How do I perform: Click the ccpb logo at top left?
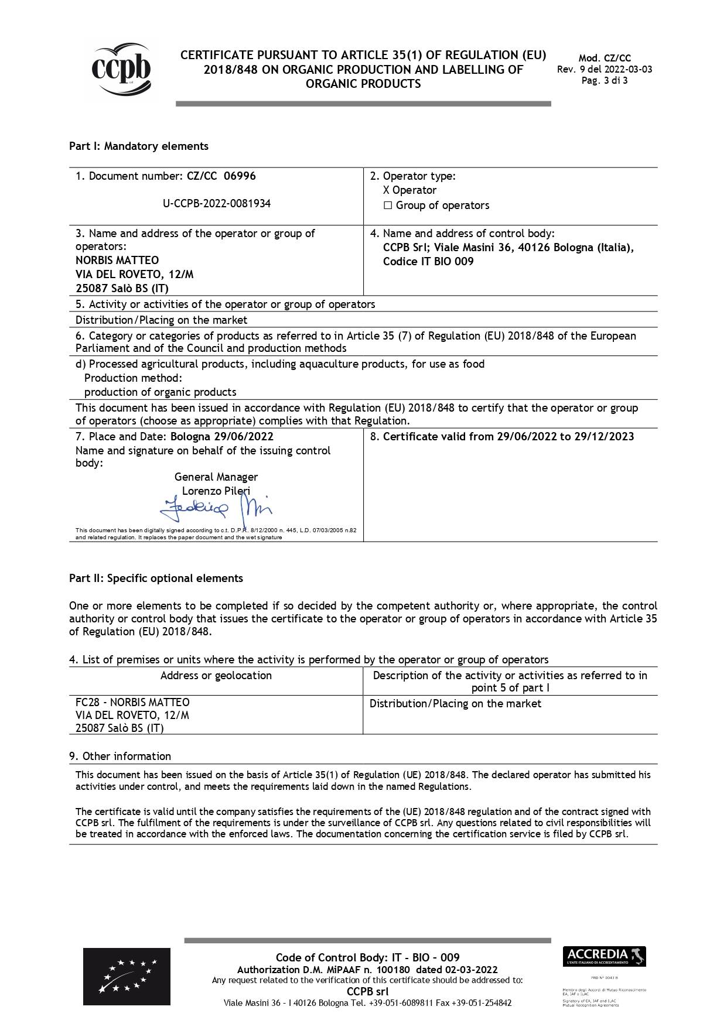pyautogui.click(x=121, y=70)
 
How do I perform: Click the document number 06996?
pyautogui.click(x=240, y=176)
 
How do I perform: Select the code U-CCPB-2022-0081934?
pyautogui.click(x=217, y=204)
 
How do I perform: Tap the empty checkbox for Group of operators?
pyautogui.click(x=387, y=206)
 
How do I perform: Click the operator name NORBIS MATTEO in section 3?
pyautogui.click(x=117, y=260)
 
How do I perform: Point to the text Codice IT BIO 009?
pyautogui.click(x=428, y=262)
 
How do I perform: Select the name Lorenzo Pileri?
pyautogui.click(x=216, y=491)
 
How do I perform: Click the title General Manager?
pyautogui.click(x=216, y=477)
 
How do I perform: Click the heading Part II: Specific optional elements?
pyautogui.click(x=156, y=578)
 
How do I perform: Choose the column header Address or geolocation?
pyautogui.click(x=216, y=676)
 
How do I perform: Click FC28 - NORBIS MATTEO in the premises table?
pyautogui.click(x=132, y=703)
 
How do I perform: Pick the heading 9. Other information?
pyautogui.click(x=120, y=756)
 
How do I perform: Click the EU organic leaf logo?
pyautogui.click(x=127, y=976)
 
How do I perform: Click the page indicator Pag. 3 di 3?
pyautogui.click(x=605, y=81)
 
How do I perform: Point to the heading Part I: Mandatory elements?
pyautogui.click(x=139, y=146)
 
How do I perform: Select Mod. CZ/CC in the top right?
pyautogui.click(x=605, y=58)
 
